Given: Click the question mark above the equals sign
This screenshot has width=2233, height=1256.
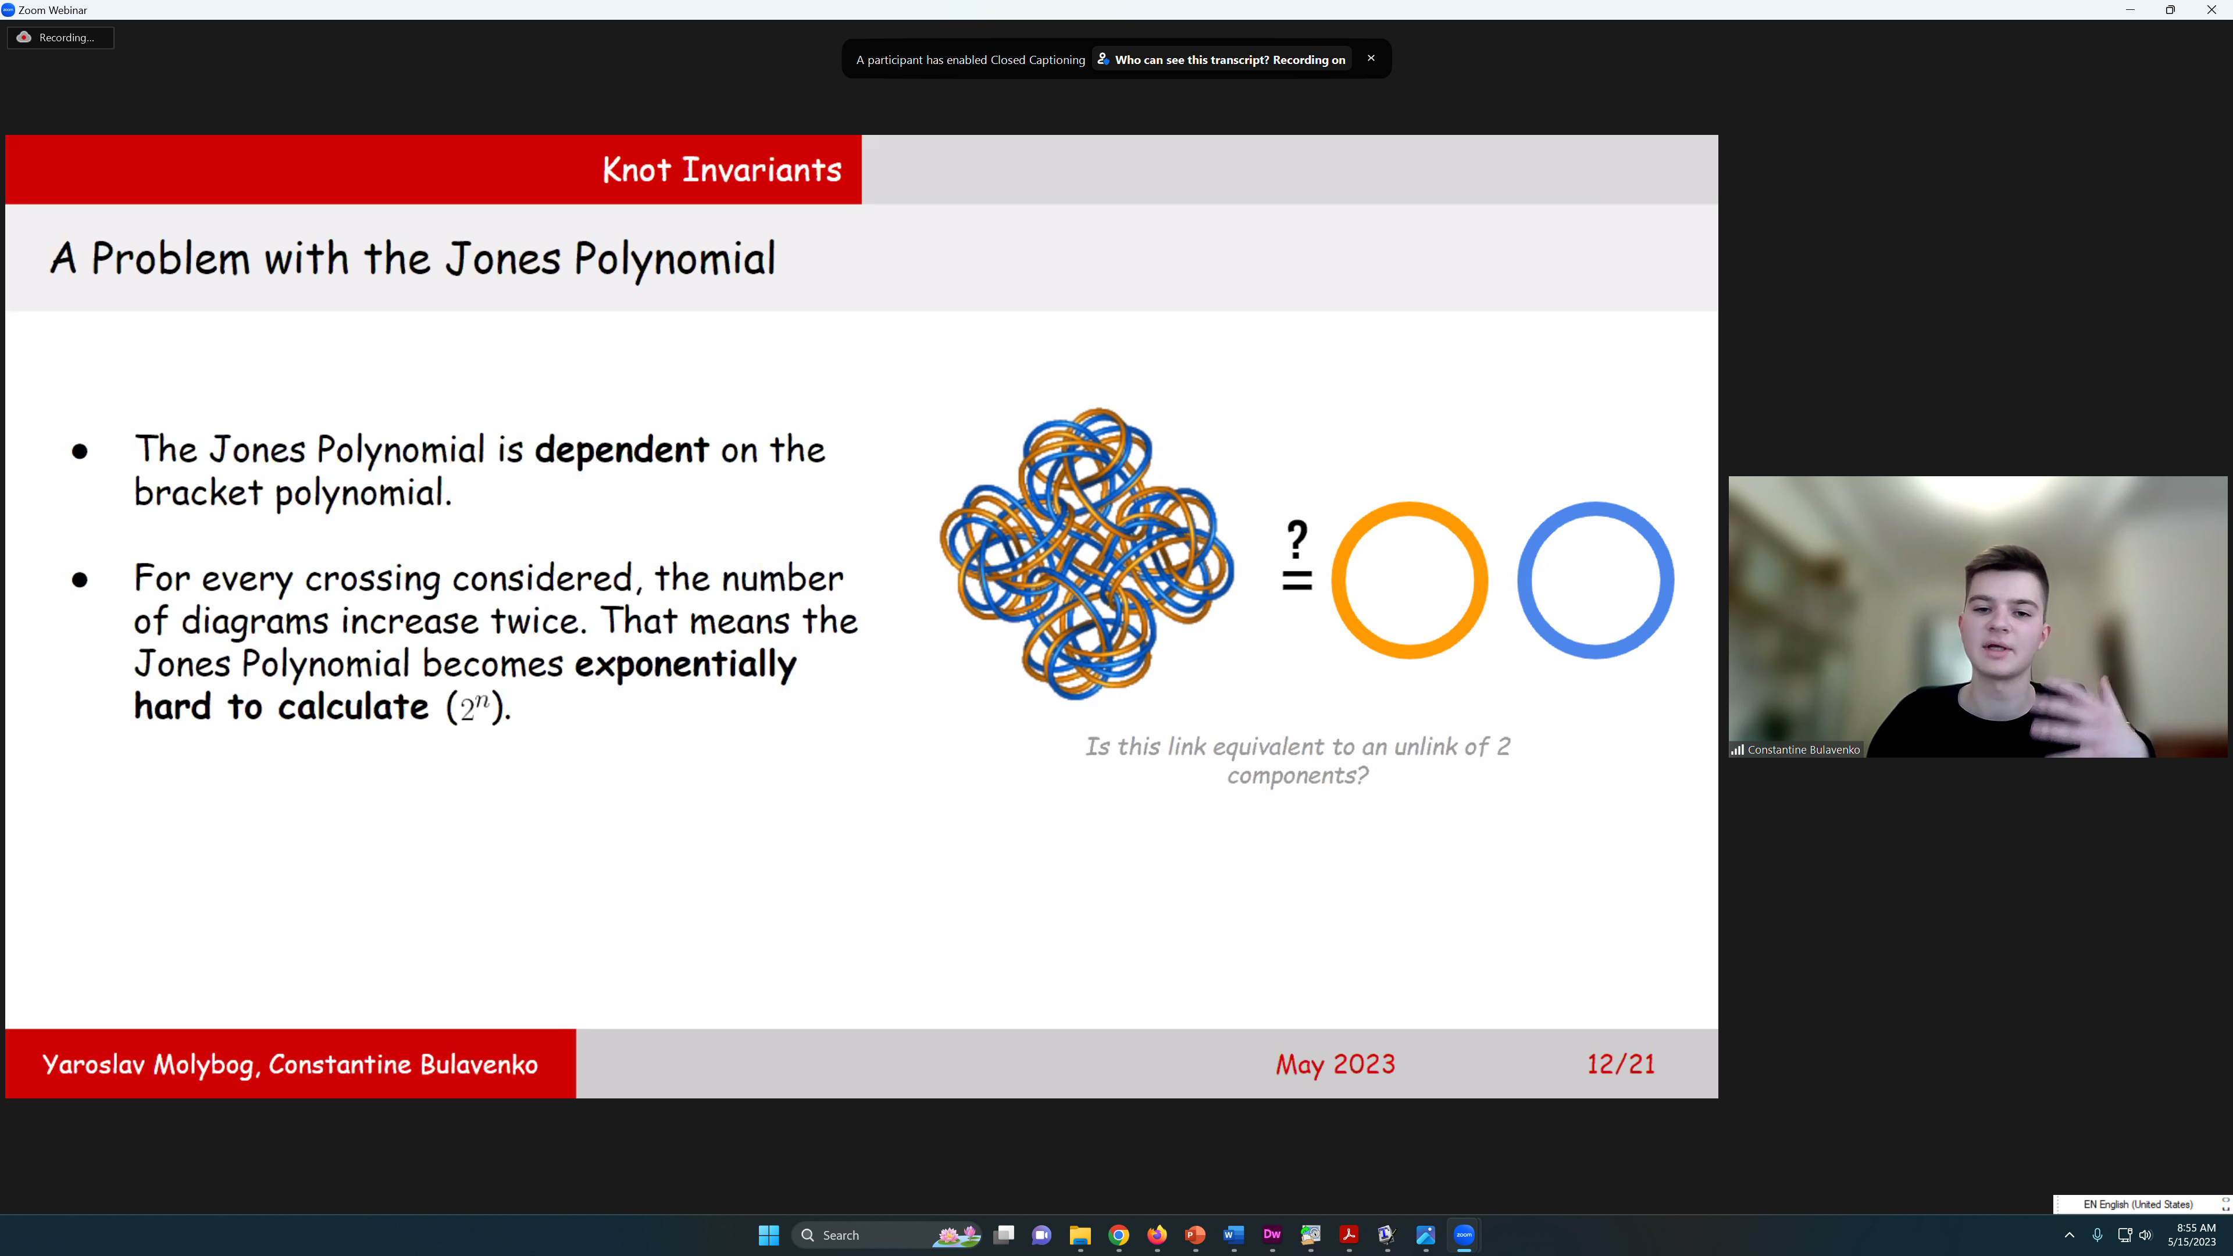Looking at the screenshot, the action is (1297, 539).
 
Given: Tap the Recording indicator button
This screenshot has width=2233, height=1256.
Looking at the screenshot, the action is (60, 37).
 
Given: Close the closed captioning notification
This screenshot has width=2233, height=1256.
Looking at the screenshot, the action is (1371, 58).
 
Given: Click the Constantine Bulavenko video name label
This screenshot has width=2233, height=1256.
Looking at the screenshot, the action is (1803, 750).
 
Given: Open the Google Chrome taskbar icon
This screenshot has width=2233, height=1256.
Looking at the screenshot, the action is (1119, 1235).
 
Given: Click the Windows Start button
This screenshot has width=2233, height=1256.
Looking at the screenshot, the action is (769, 1235).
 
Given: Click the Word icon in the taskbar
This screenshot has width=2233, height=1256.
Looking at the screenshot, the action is (1233, 1235).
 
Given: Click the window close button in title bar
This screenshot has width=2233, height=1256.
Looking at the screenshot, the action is (2211, 9).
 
